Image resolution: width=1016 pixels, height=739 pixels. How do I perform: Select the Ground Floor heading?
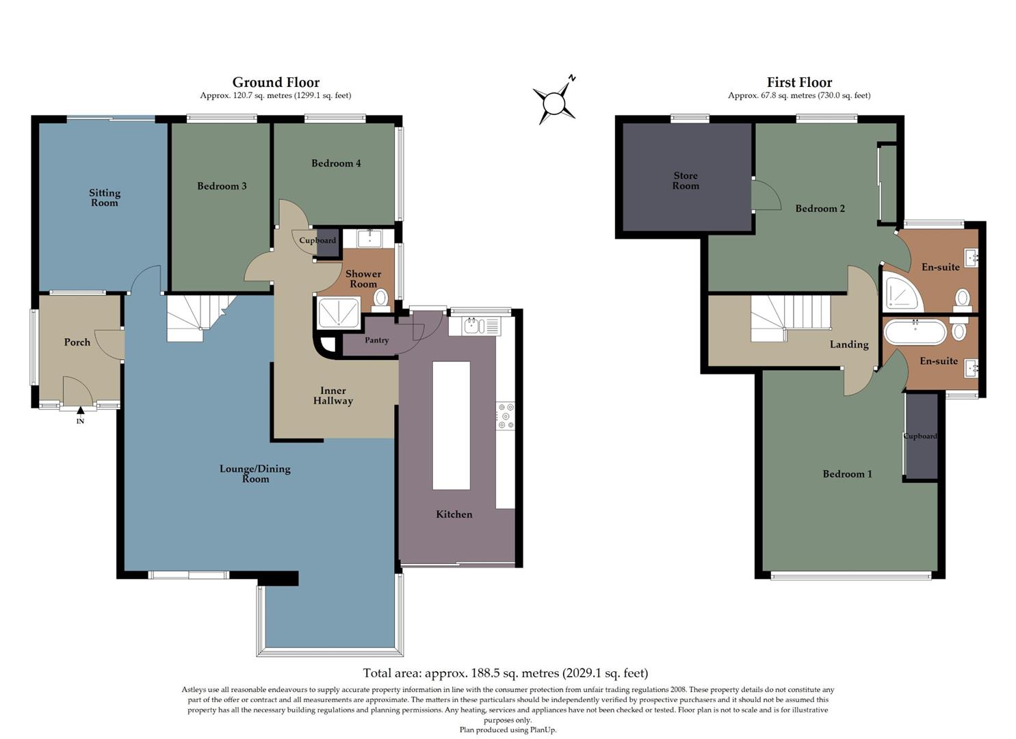[x=276, y=83]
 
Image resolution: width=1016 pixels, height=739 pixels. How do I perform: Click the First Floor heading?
[x=799, y=83]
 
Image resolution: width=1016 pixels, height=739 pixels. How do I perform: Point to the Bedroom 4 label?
[x=336, y=164]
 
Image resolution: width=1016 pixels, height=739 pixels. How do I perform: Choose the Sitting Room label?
[x=105, y=198]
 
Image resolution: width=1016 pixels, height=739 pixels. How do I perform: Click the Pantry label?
[x=376, y=340]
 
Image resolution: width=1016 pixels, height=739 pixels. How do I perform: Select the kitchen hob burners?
[x=506, y=416]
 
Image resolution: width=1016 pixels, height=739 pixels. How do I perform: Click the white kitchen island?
[x=451, y=425]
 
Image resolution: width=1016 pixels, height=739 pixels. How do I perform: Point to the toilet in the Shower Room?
[x=381, y=298]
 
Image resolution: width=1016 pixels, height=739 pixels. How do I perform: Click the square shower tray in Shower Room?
[x=339, y=313]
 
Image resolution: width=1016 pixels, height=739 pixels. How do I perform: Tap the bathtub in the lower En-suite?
[x=915, y=333]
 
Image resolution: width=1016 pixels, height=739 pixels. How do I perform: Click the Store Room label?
[x=686, y=181]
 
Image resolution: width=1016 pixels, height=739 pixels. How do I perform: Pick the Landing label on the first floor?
[x=849, y=345]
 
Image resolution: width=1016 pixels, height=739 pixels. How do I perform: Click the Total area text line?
[x=505, y=673]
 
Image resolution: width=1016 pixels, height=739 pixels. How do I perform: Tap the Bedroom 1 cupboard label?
[x=920, y=437]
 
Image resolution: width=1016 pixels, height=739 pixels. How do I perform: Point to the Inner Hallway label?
[x=333, y=396]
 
